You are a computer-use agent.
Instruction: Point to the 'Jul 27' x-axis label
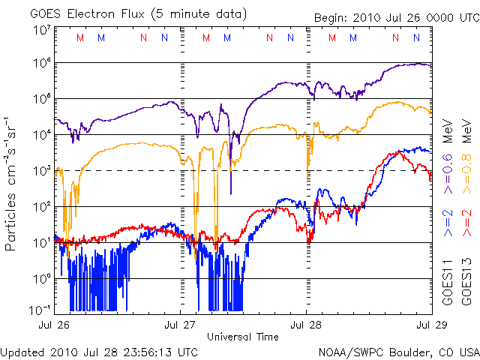click(x=180, y=325)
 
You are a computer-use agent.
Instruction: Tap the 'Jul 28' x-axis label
click(x=306, y=325)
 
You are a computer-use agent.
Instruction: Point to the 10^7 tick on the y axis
click(x=40, y=30)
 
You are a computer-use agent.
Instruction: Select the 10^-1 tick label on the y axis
click(x=40, y=309)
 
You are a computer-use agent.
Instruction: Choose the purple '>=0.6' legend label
click(x=446, y=174)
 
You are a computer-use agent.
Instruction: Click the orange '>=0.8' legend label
click(x=465, y=174)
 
